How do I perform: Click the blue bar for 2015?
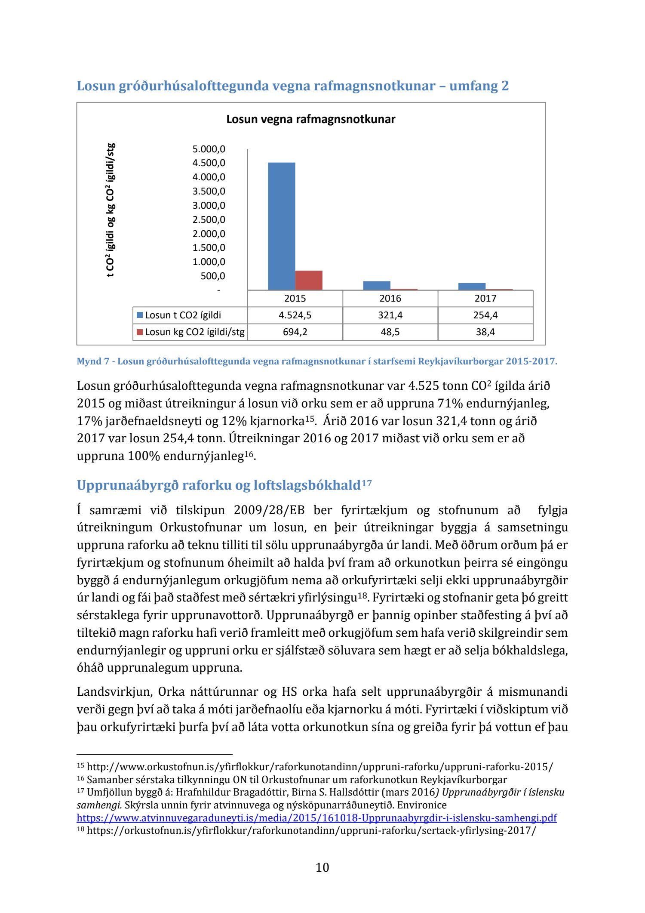[x=281, y=226]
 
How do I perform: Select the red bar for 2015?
[x=308, y=280]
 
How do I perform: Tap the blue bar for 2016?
[x=377, y=285]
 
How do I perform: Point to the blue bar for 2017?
[x=472, y=286]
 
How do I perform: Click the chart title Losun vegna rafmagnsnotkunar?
[x=310, y=119]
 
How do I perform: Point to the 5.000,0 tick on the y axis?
[x=209, y=149]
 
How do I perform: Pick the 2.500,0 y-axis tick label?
[x=209, y=220]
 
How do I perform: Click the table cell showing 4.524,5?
[x=295, y=315]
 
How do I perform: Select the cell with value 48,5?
[x=390, y=332]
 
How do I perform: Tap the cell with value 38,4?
[x=485, y=332]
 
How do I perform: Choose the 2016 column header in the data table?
[x=390, y=298]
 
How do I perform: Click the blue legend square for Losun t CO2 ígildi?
[x=140, y=315]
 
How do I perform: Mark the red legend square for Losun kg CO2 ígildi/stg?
[x=140, y=332]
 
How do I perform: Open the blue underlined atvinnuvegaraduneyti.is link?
[x=316, y=818]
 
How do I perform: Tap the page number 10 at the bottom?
[x=322, y=867]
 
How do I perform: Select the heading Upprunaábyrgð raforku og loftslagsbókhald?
[x=218, y=485]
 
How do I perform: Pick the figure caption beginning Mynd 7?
[x=316, y=361]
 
